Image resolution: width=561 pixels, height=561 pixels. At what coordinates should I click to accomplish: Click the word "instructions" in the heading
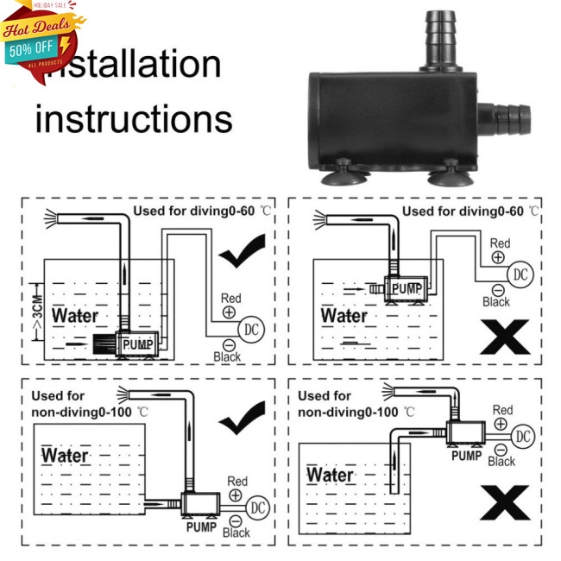[134, 120]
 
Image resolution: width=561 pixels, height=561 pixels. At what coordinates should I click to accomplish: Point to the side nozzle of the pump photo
[505, 112]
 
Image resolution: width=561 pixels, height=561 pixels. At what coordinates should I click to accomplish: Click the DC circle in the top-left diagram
[251, 329]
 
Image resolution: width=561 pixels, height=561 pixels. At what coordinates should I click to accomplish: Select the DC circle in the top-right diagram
[520, 274]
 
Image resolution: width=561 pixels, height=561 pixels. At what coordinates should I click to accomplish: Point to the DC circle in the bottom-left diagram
[257, 507]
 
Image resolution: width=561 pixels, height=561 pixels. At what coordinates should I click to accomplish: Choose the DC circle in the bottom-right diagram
[523, 437]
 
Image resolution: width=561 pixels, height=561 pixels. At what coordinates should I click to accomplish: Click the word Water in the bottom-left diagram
[66, 455]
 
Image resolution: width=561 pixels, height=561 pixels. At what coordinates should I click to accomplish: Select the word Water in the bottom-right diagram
[331, 476]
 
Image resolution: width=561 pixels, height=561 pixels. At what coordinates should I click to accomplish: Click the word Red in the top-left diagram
[231, 298]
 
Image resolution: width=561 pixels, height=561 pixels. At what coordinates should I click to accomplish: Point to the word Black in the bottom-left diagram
[236, 533]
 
